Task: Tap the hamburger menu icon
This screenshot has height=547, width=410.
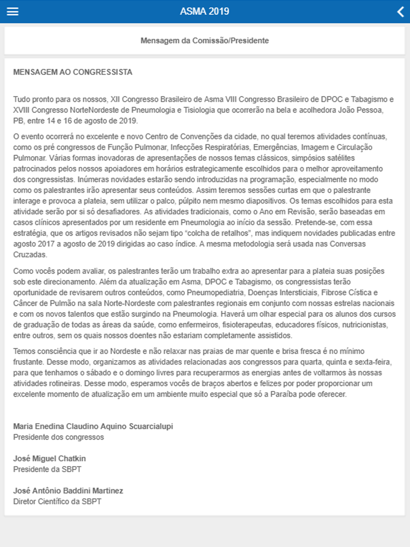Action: click(13, 11)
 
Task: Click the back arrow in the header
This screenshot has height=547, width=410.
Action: click(401, 11)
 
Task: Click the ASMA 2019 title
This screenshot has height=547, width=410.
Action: click(205, 11)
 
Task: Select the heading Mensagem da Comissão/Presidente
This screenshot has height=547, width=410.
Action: click(205, 41)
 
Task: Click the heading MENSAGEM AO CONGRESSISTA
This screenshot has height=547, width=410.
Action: click(73, 72)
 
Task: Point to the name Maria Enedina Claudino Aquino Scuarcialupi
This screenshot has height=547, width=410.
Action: click(93, 426)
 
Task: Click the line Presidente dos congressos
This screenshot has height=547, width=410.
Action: click(59, 437)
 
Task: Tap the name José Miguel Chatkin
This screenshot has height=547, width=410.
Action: click(50, 458)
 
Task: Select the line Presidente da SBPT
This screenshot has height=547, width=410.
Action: click(47, 469)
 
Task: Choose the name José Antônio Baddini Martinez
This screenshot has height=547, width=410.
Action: click(68, 491)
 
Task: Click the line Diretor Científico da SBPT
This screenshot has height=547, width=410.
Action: click(57, 501)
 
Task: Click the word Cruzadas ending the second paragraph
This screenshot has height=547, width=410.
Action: click(30, 255)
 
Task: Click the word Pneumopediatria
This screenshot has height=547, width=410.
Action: click(215, 293)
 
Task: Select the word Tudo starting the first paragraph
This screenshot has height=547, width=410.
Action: click(21, 99)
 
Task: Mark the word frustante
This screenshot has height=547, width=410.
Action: click(28, 362)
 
